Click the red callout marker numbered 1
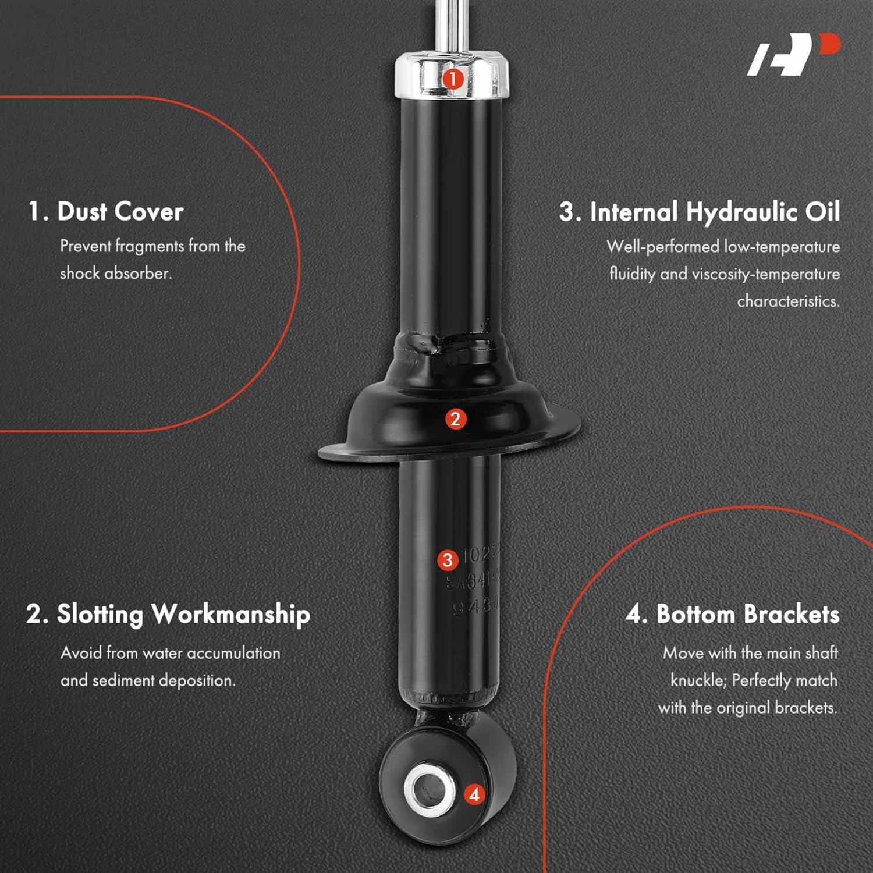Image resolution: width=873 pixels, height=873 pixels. (x=453, y=79)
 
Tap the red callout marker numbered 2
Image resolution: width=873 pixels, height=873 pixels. (x=455, y=419)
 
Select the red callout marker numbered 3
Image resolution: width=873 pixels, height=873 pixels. (x=447, y=560)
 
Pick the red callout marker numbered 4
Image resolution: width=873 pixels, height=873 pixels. (x=474, y=794)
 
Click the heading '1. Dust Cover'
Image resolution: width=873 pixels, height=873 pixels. (x=106, y=211)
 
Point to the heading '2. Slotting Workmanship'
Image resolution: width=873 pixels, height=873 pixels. (x=168, y=614)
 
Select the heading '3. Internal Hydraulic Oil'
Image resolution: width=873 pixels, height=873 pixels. (x=700, y=212)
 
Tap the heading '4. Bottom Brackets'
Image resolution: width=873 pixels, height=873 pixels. (x=732, y=615)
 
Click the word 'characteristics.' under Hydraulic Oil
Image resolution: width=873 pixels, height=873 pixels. (x=788, y=301)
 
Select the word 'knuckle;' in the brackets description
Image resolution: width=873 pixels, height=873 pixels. (x=698, y=680)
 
